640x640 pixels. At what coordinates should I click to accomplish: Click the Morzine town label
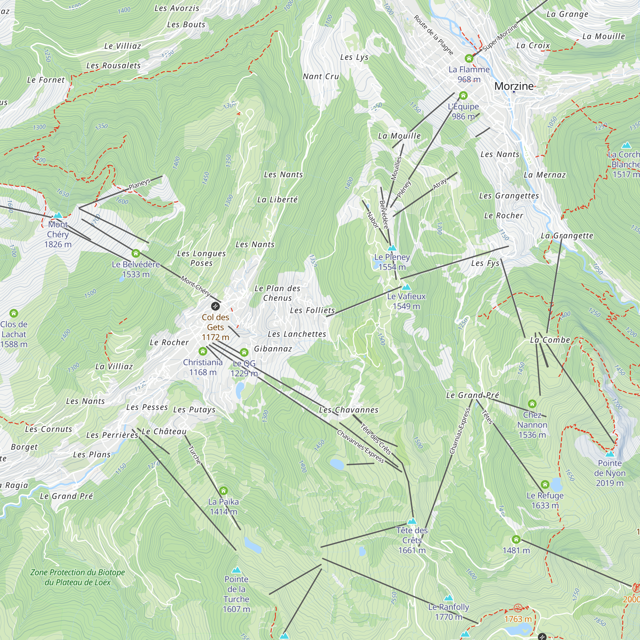pos(514,86)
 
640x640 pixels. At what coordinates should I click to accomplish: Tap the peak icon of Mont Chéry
pos(58,215)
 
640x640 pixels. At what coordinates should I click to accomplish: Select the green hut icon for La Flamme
pos(469,59)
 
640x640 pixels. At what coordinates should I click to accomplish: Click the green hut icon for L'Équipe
pos(463,96)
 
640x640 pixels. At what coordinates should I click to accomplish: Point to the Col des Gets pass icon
pos(215,306)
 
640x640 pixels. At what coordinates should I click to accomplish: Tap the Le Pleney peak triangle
pos(392,248)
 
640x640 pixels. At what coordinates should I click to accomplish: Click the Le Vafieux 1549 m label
pos(406,301)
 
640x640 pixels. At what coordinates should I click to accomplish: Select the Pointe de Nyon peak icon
pos(610,454)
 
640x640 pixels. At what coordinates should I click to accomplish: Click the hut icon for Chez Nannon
pos(532,404)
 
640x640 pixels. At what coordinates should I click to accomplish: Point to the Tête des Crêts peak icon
pos(412,521)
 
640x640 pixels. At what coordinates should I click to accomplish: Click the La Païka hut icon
pos(224,491)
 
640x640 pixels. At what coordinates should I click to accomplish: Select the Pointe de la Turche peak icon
pos(236,570)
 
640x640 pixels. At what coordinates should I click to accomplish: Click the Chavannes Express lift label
pos(360,446)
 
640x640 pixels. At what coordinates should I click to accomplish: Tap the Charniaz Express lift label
pos(460,431)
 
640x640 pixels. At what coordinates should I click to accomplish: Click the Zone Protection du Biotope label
pos(77,577)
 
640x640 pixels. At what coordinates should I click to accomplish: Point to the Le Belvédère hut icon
pos(136,254)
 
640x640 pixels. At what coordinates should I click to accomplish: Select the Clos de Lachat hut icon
pos(13,313)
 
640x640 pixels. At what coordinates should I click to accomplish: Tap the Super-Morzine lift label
pos(500,37)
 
